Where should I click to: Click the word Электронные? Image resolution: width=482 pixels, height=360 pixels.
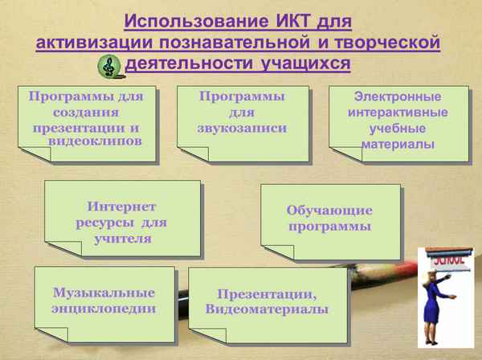[393, 96]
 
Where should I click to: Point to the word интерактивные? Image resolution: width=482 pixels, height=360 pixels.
[393, 112]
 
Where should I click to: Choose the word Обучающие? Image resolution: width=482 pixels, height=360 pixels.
[330, 211]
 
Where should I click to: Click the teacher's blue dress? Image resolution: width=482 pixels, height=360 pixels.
[442, 313]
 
